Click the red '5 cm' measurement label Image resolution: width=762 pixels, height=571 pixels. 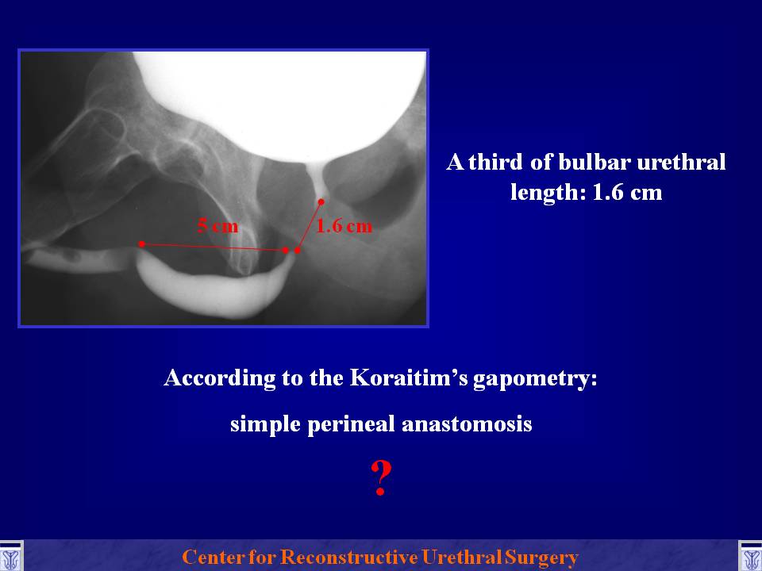(x=217, y=226)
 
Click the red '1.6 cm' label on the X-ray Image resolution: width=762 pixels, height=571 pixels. (x=344, y=226)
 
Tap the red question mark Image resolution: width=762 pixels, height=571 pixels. (x=381, y=478)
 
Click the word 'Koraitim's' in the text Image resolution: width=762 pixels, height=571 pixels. (x=409, y=377)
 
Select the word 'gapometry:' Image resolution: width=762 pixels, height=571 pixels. (x=535, y=379)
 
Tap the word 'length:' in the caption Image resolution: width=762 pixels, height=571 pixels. (x=548, y=193)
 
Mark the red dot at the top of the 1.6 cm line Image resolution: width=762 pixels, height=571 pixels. (x=321, y=201)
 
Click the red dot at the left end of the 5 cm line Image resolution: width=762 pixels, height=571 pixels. (x=141, y=243)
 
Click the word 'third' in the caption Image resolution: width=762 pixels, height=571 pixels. (x=495, y=162)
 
